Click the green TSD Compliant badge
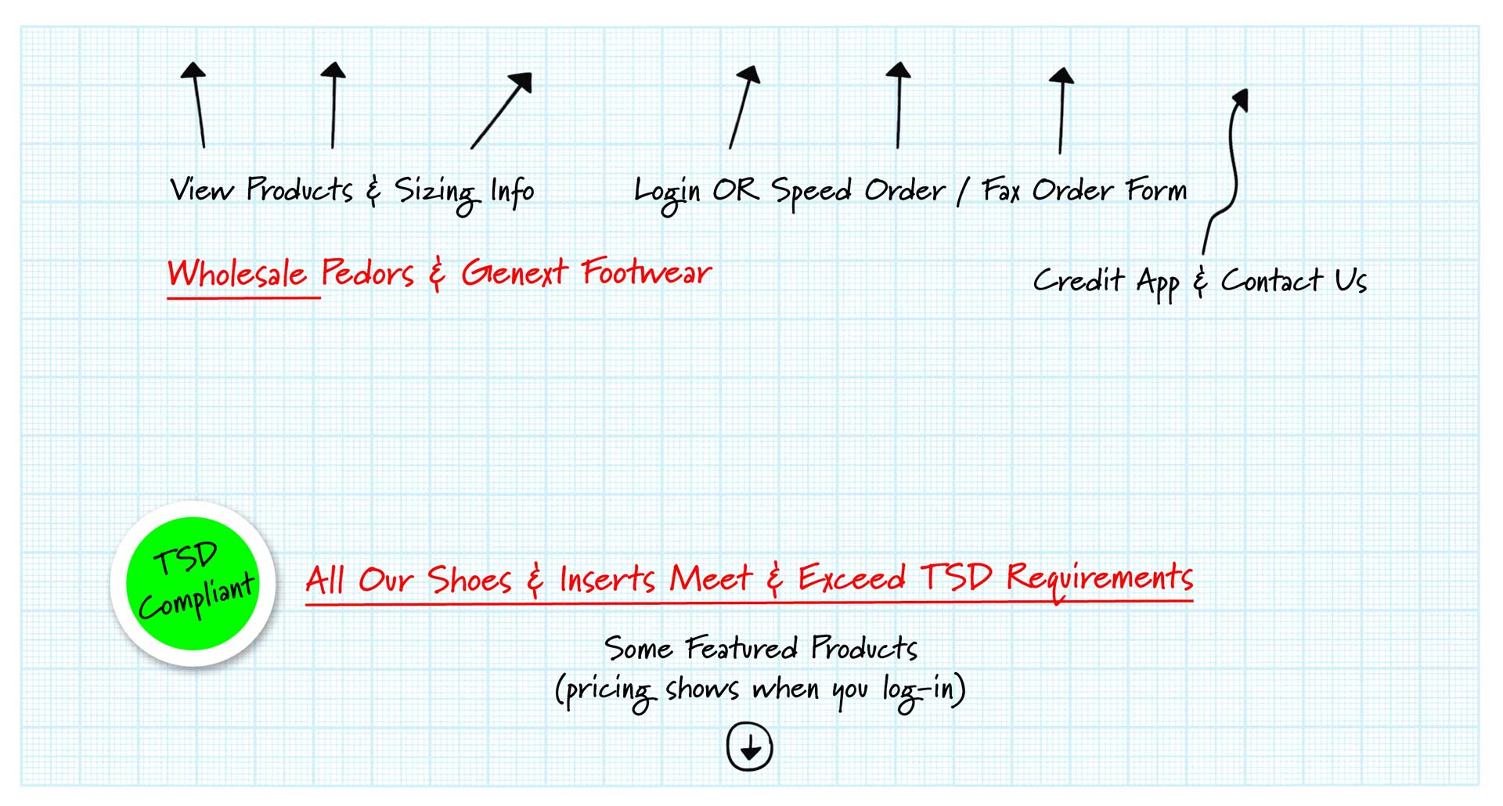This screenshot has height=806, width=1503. click(x=193, y=584)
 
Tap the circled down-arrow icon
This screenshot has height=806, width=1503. click(x=749, y=747)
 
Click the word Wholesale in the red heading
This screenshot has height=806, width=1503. click(x=237, y=274)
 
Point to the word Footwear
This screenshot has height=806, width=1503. click(x=646, y=273)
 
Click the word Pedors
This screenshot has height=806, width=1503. click(x=367, y=274)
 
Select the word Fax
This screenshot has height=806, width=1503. click(x=1001, y=190)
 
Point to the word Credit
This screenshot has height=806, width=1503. click(x=1078, y=280)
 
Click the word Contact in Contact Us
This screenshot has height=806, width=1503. click(x=1271, y=280)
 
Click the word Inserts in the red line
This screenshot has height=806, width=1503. click(x=607, y=580)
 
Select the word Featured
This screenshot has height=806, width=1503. click(x=741, y=648)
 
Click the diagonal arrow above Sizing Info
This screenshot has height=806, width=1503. click(x=501, y=110)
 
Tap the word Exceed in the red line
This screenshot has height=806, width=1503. click(x=852, y=578)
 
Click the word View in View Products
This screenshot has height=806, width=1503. click(x=201, y=190)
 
